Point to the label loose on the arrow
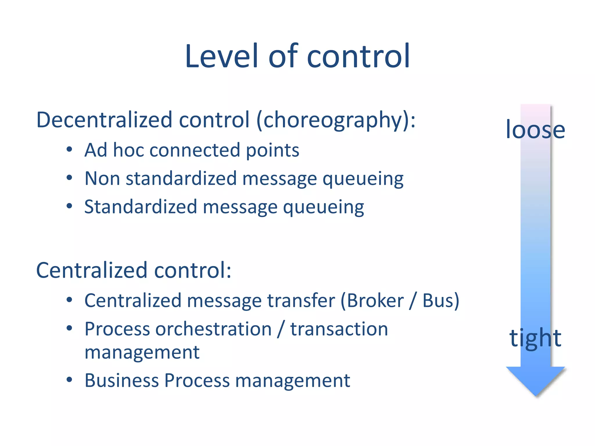pyautogui.click(x=535, y=130)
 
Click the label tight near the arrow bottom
pyautogui.click(x=535, y=338)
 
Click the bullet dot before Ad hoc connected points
pyautogui.click(x=69, y=150)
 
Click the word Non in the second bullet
pyautogui.click(x=102, y=178)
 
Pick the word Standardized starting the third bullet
pyautogui.click(x=141, y=207)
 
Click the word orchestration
pyautogui.click(x=214, y=329)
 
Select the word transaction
pyautogui.click(x=339, y=329)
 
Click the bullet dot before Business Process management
pyautogui.click(x=69, y=380)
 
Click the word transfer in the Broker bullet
pyautogui.click(x=301, y=301)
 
